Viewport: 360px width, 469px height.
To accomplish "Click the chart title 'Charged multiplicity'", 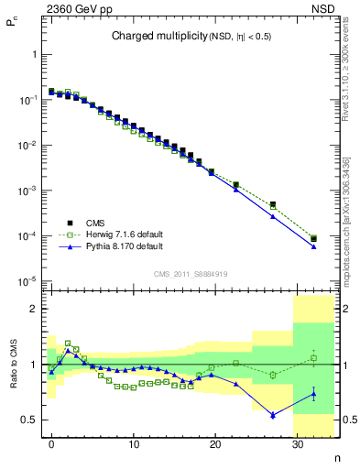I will click(151, 37).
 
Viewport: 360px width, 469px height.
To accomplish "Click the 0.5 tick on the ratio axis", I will click(33, 420).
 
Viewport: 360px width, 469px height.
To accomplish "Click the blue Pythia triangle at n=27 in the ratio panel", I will click(273, 415).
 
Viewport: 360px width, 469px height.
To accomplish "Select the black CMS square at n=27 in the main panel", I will click(273, 204).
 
